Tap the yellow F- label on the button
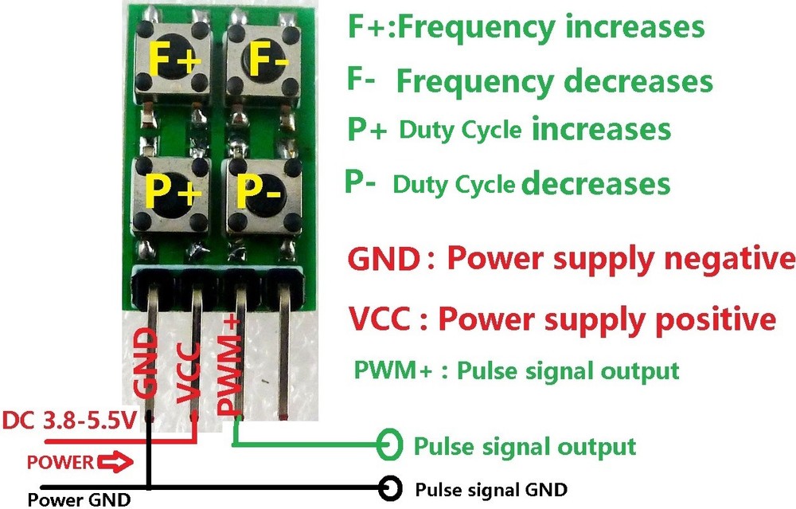pyautogui.click(x=260, y=58)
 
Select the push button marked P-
pyautogui.click(x=259, y=191)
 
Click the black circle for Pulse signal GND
pyautogui.click(x=391, y=487)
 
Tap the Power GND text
pyautogui.click(x=79, y=500)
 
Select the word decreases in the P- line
pyautogui.click(x=595, y=184)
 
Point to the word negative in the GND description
pyautogui.click(x=728, y=259)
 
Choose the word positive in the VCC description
pyautogui.click(x=712, y=319)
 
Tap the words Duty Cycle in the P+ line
pyautogui.click(x=460, y=129)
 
